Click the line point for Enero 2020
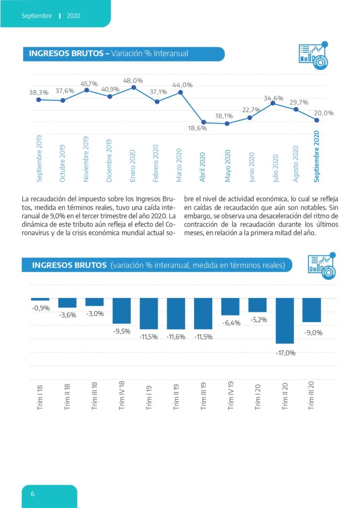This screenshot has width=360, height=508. (133, 87)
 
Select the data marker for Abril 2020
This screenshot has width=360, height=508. (204, 122)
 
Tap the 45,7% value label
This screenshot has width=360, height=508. (89, 83)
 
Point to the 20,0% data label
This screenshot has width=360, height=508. (324, 113)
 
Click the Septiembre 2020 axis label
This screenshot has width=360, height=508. (316, 156)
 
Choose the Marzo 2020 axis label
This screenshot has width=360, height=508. (179, 165)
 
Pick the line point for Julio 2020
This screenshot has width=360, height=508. (273, 103)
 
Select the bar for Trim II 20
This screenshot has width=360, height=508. (285, 321)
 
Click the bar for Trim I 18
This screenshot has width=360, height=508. (40, 299)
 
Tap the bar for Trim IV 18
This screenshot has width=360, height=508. (122, 311)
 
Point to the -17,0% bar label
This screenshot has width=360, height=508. (286, 353)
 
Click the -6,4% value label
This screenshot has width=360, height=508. (231, 322)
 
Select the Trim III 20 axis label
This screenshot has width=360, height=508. (311, 395)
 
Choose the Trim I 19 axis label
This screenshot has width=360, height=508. (149, 398)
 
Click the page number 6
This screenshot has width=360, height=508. (32, 494)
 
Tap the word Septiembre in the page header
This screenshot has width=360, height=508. (37, 15)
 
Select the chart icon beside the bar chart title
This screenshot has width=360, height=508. (322, 266)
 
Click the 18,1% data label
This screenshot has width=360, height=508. (224, 116)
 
